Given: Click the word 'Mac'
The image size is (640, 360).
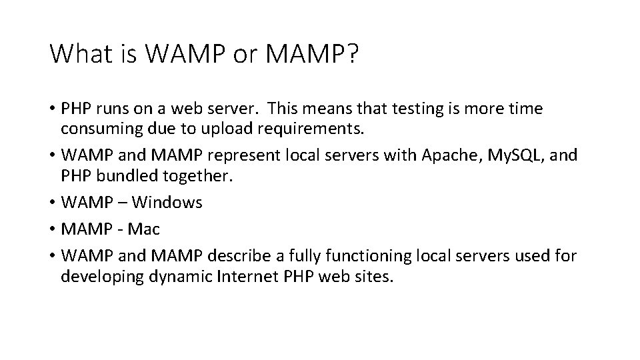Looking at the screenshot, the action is pyautogui.click(x=144, y=229).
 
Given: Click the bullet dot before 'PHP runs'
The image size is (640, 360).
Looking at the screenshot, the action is pyautogui.click(x=52, y=109).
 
